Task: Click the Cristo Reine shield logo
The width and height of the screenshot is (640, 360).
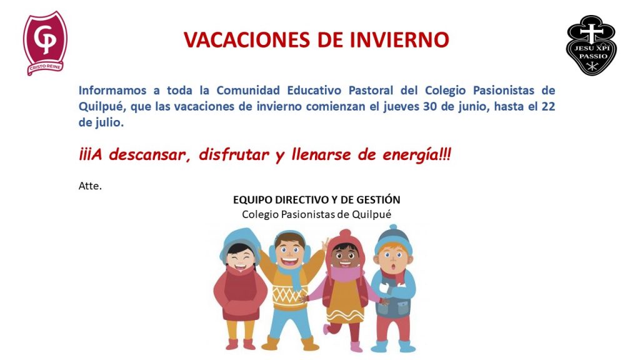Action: click(x=45, y=43)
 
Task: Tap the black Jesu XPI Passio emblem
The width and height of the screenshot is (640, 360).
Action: click(x=591, y=45)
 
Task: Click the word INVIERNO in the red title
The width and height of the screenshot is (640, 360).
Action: click(x=399, y=39)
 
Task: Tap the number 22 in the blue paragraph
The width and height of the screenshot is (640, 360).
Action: click(x=548, y=106)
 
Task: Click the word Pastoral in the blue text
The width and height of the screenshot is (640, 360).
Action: click(x=371, y=90)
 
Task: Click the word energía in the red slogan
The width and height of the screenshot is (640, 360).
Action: click(x=410, y=155)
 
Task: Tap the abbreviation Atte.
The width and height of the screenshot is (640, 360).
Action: click(x=90, y=186)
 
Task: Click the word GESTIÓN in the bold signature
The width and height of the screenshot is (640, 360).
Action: click(x=378, y=199)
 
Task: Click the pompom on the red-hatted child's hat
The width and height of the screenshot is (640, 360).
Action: click(x=345, y=233)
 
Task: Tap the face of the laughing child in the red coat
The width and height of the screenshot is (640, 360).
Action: click(x=239, y=257)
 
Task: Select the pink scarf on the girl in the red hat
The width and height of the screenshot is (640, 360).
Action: click(x=345, y=274)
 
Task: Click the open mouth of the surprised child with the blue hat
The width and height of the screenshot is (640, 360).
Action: click(x=393, y=266)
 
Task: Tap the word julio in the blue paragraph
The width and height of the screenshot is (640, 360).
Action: click(x=109, y=123)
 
